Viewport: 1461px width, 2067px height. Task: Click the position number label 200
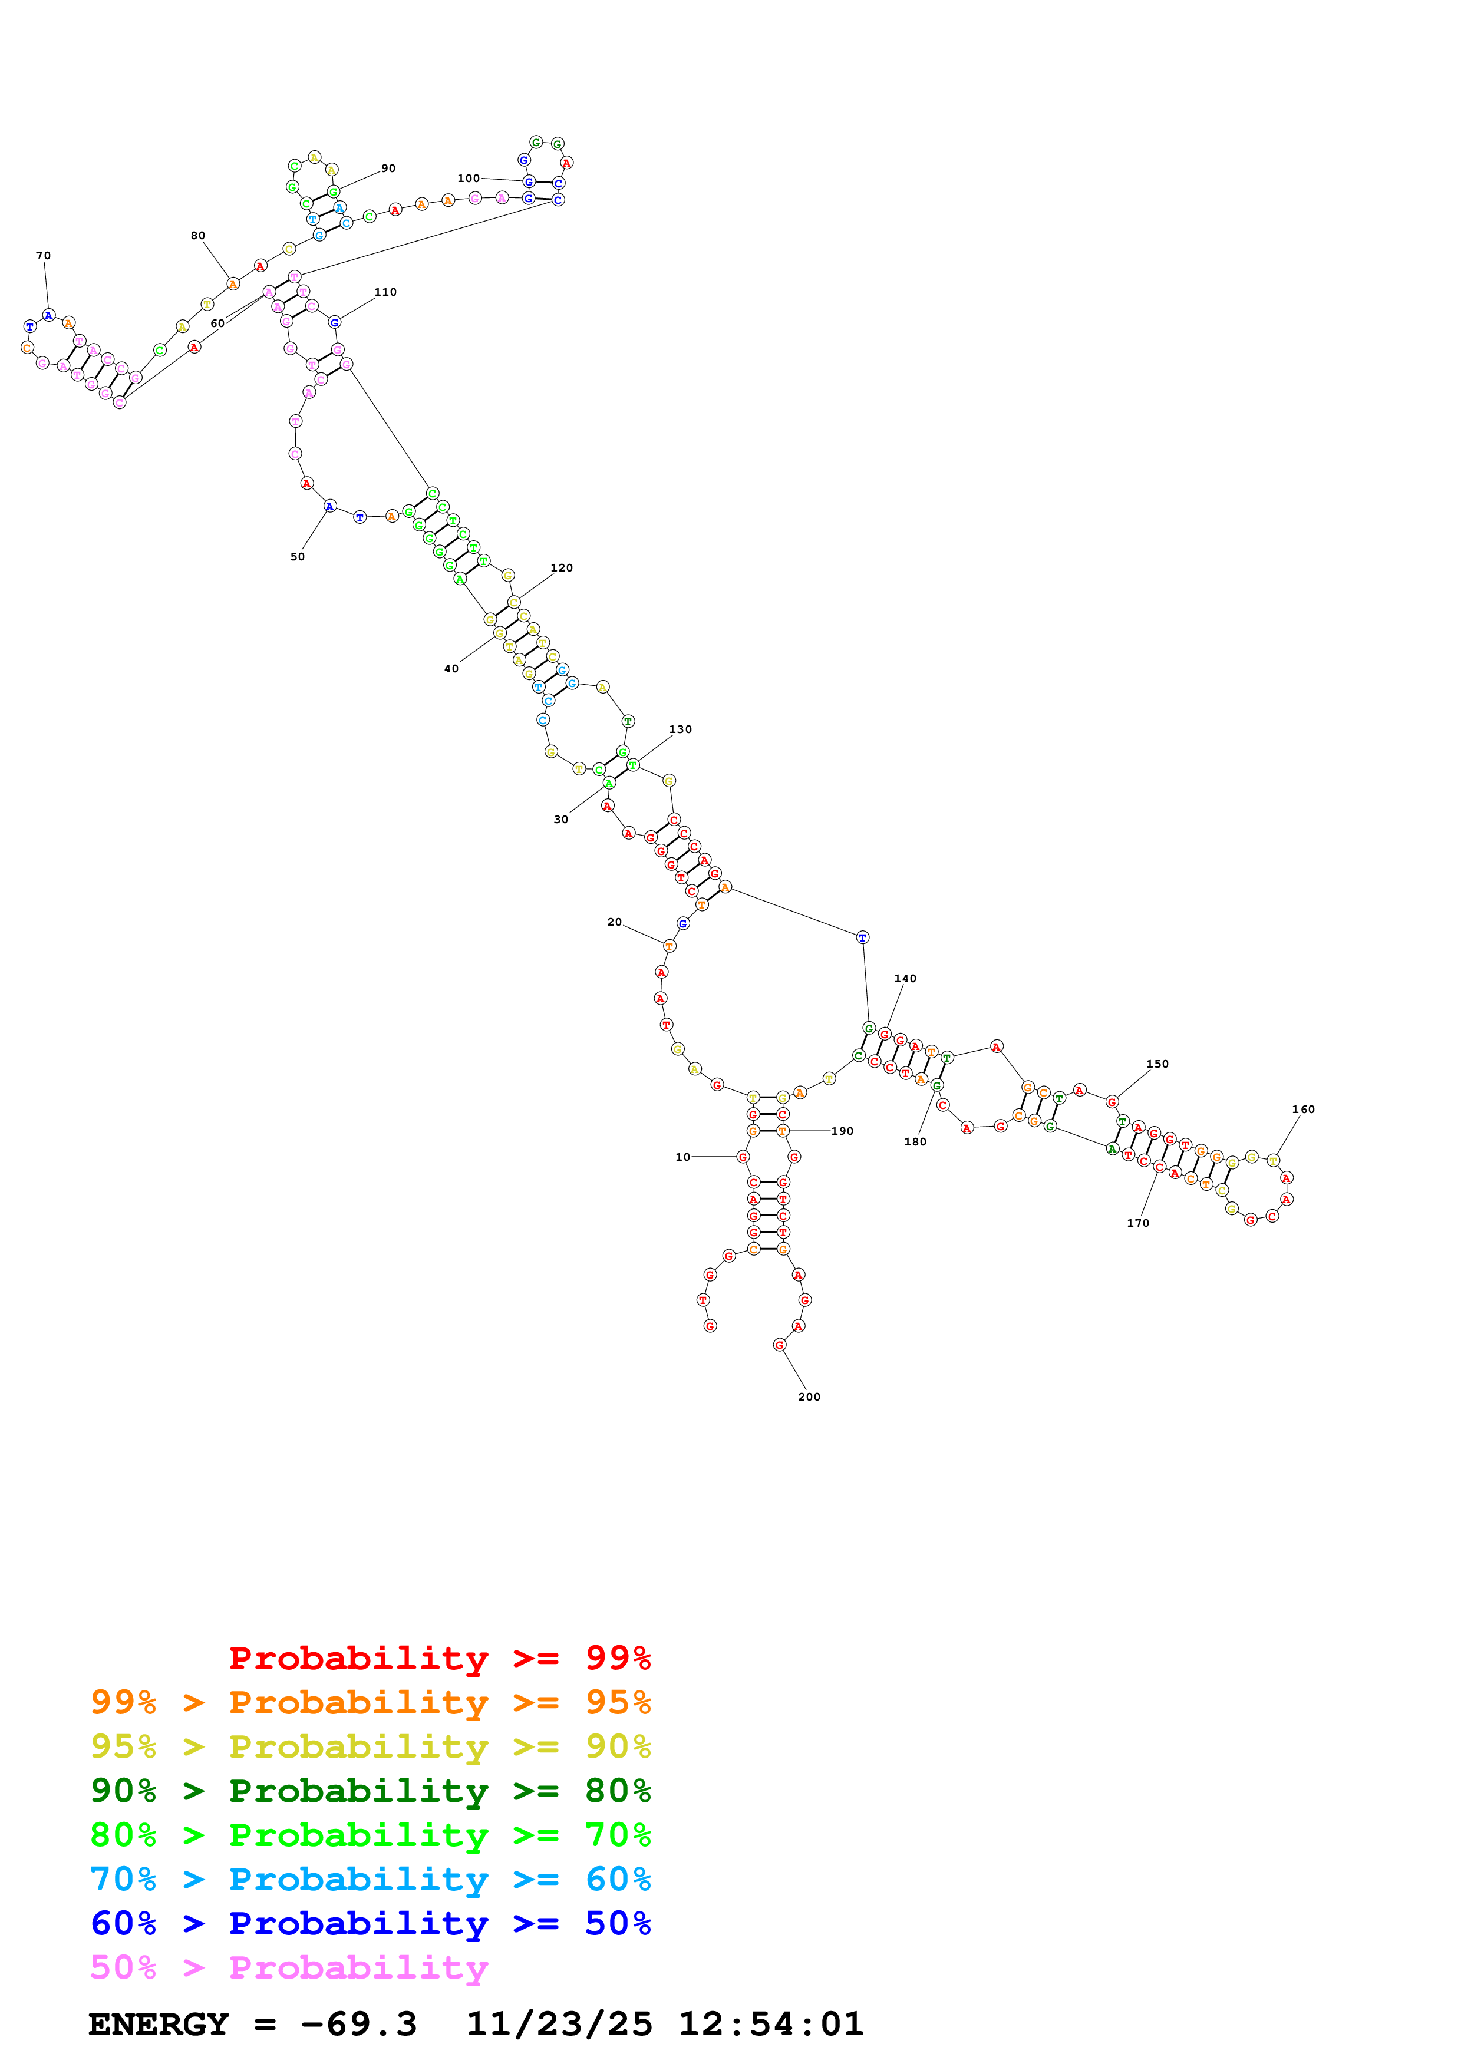(x=809, y=1396)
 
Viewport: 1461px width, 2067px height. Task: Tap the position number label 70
(x=43, y=256)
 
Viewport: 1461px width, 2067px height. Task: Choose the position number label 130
(x=681, y=729)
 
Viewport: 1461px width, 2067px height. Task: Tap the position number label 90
(x=388, y=169)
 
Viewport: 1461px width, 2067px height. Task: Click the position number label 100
(x=468, y=179)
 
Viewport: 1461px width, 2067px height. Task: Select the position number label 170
(x=1138, y=1223)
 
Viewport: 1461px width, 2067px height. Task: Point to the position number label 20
(x=614, y=922)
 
